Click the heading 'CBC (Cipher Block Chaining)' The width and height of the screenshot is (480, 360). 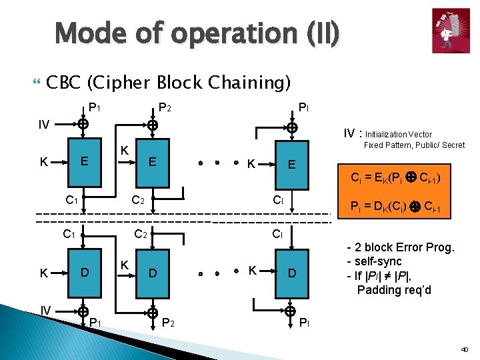point(169,82)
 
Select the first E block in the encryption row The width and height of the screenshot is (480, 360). point(83,161)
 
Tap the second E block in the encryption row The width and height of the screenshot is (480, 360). point(153,161)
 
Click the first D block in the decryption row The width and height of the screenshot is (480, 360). point(83,272)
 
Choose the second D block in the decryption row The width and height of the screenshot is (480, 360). point(153,273)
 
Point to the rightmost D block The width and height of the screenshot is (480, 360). point(292,273)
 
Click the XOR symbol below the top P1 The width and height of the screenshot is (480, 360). point(82,123)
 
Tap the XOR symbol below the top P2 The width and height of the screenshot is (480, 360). point(153,125)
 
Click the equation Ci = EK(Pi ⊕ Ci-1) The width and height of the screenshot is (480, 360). point(395,178)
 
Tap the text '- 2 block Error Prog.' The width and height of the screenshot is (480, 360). point(400,247)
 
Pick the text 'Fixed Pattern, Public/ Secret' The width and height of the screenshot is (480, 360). point(414,145)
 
